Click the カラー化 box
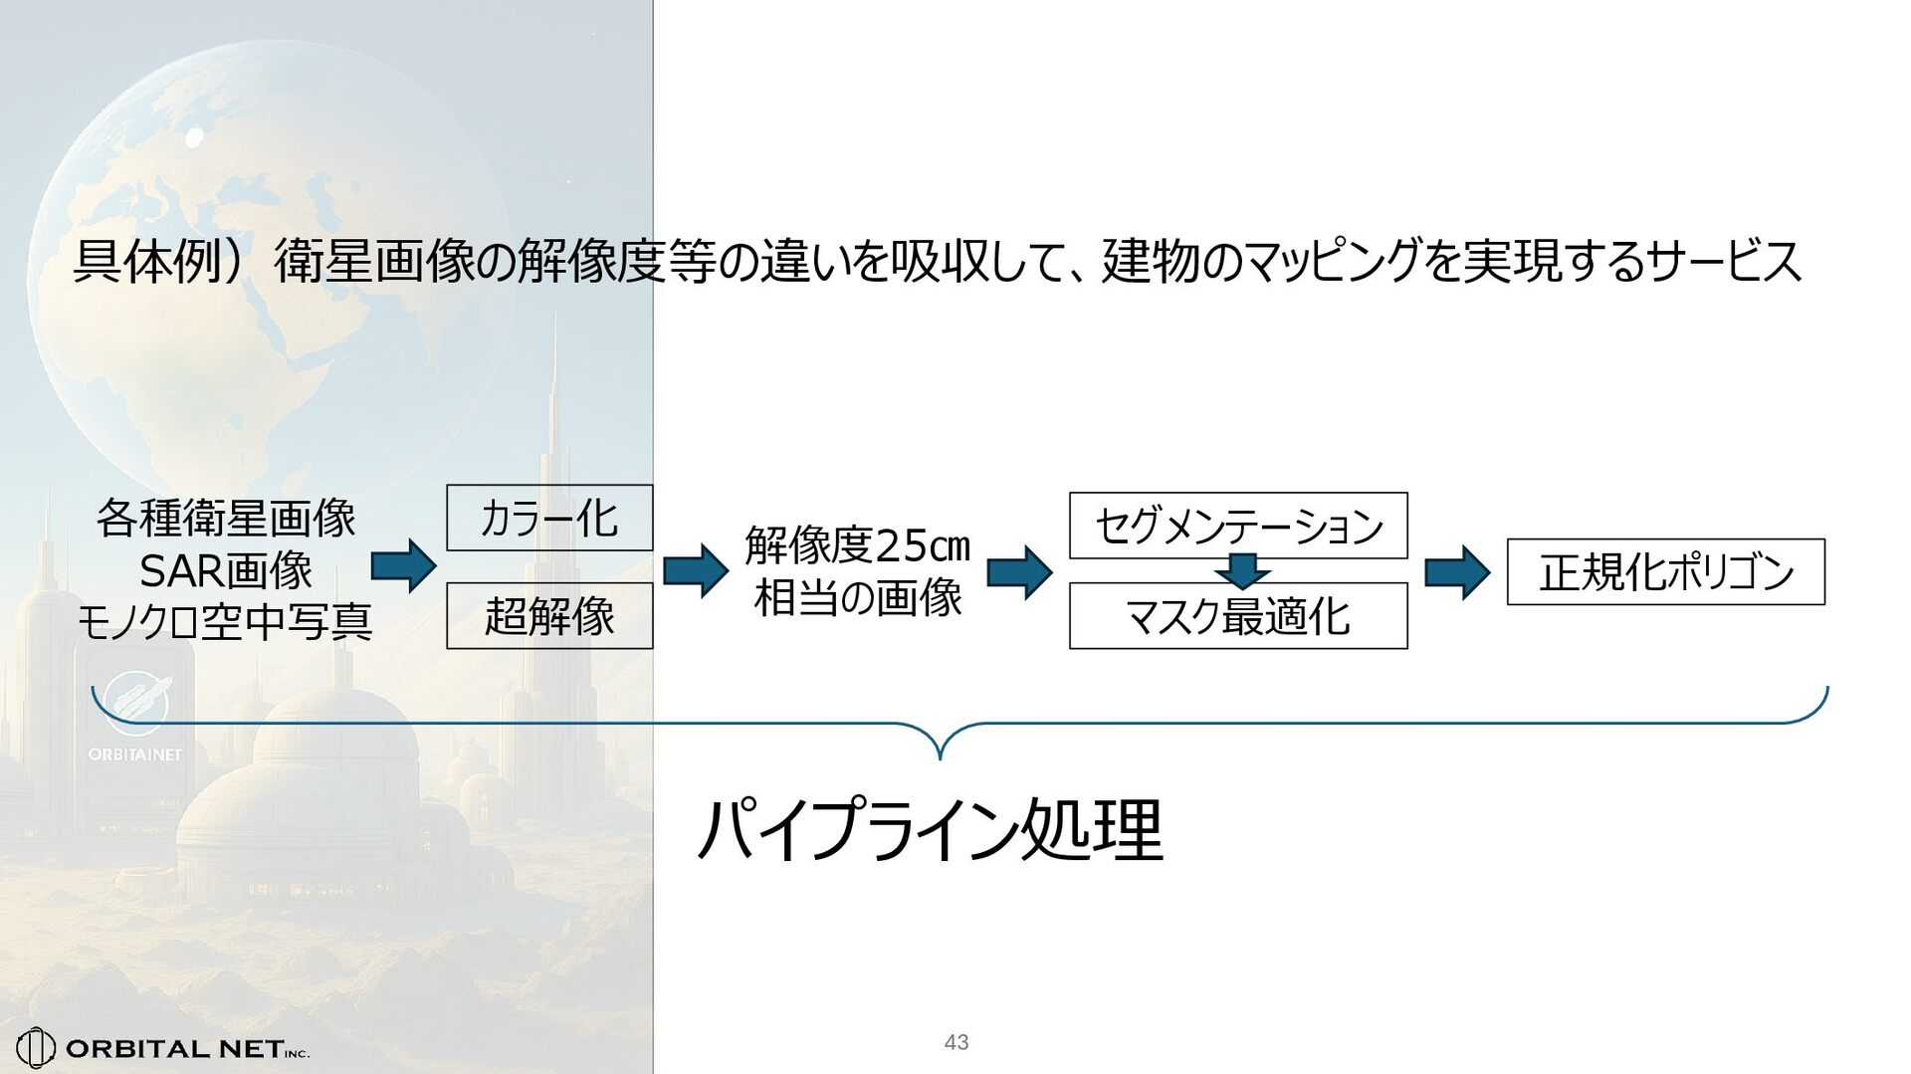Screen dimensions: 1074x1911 549,518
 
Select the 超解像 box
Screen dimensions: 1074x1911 549,616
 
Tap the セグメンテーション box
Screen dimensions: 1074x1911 1238,525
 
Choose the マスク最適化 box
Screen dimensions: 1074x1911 1238,617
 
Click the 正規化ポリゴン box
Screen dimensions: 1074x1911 1665,571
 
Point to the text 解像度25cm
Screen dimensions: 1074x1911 857,544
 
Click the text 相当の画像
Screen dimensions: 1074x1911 857,598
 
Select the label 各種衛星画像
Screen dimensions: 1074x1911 226,519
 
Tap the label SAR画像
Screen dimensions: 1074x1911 226,570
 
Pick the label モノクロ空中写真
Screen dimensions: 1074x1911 226,622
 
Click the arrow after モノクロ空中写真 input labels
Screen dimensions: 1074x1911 403,566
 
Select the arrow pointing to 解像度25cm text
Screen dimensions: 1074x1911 696,570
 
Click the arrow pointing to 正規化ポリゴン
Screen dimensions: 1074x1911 1457,572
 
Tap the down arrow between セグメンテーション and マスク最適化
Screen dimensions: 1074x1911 1242,571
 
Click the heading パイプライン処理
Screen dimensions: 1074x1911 931,830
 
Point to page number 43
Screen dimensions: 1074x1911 956,1042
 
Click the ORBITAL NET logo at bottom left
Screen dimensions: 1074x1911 164,1047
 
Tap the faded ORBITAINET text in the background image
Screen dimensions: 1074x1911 135,754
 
